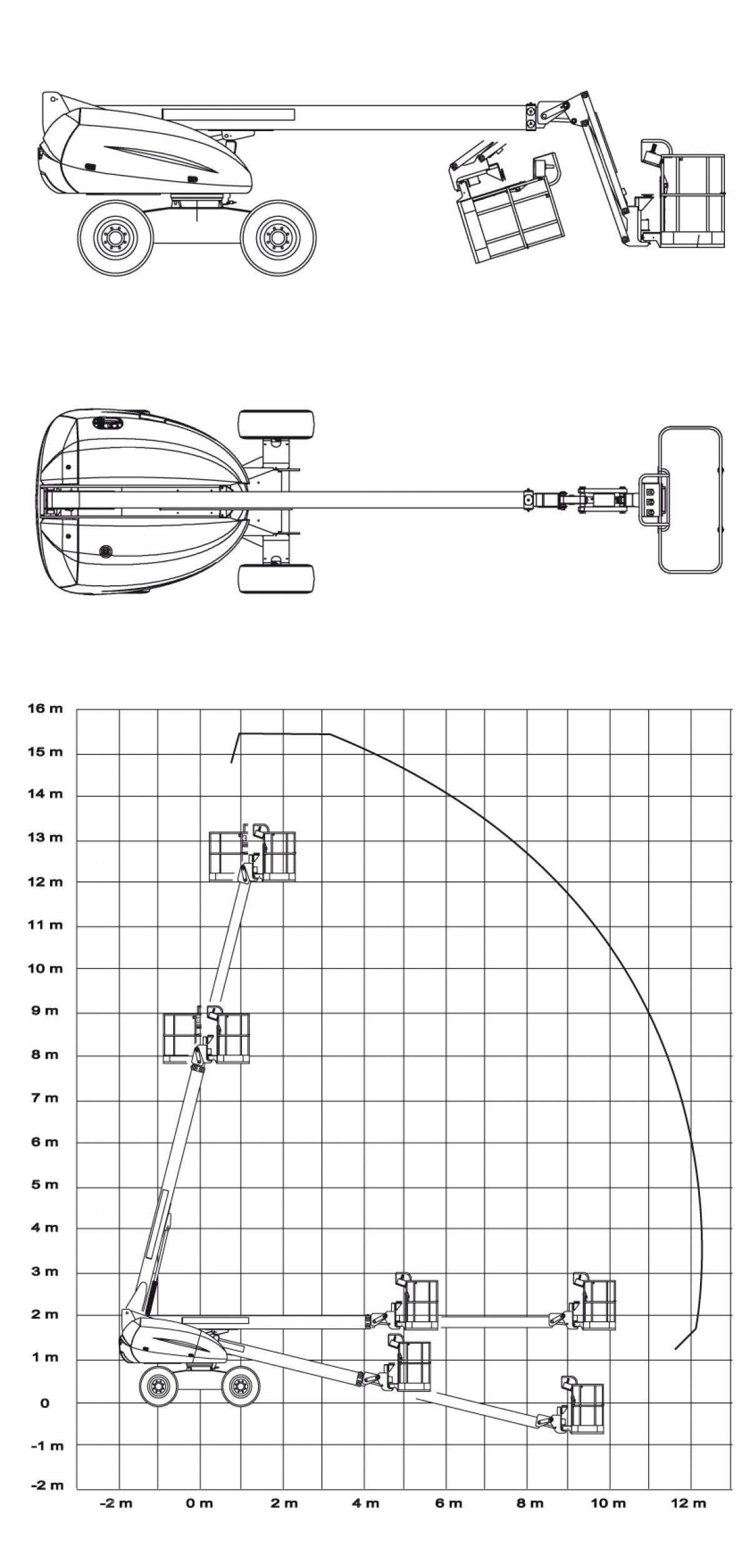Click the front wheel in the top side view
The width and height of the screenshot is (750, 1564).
click(278, 237)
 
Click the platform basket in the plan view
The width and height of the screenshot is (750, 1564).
click(691, 499)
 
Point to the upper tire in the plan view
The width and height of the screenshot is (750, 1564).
click(276, 425)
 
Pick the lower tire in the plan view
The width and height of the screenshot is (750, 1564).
click(276, 579)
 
